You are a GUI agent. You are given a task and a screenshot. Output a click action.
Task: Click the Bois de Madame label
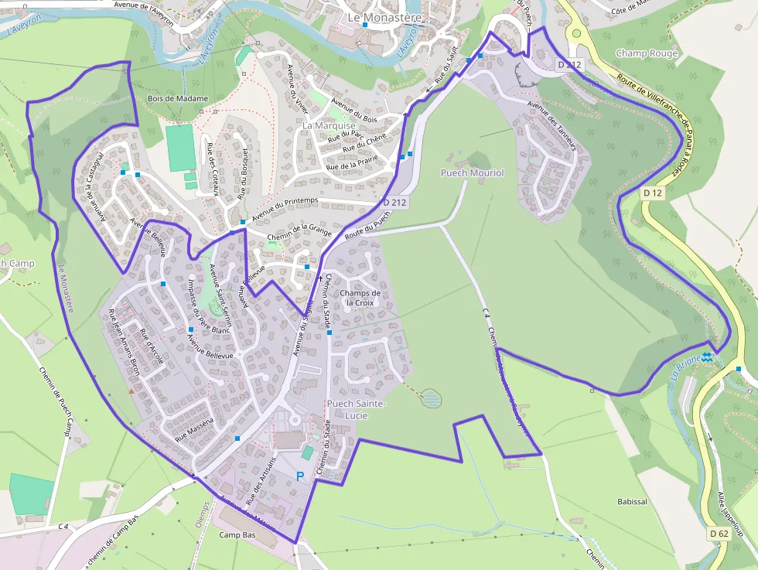[x=178, y=99]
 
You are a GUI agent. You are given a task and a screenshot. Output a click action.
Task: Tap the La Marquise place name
[x=329, y=125]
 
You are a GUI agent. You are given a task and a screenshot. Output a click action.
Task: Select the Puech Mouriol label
[x=472, y=173]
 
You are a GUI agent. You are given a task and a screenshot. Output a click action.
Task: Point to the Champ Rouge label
[x=647, y=53]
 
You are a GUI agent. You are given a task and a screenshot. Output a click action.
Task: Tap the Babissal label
[x=632, y=502]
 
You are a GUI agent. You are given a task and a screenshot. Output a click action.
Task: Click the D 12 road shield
[x=653, y=193]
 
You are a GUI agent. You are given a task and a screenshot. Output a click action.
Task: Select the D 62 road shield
[x=719, y=534]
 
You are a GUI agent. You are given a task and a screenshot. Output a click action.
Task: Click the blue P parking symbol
[x=300, y=476]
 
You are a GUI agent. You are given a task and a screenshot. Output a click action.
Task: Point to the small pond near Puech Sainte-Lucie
[x=432, y=399]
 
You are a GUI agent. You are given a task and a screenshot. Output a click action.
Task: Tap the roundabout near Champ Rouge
[x=575, y=33]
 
